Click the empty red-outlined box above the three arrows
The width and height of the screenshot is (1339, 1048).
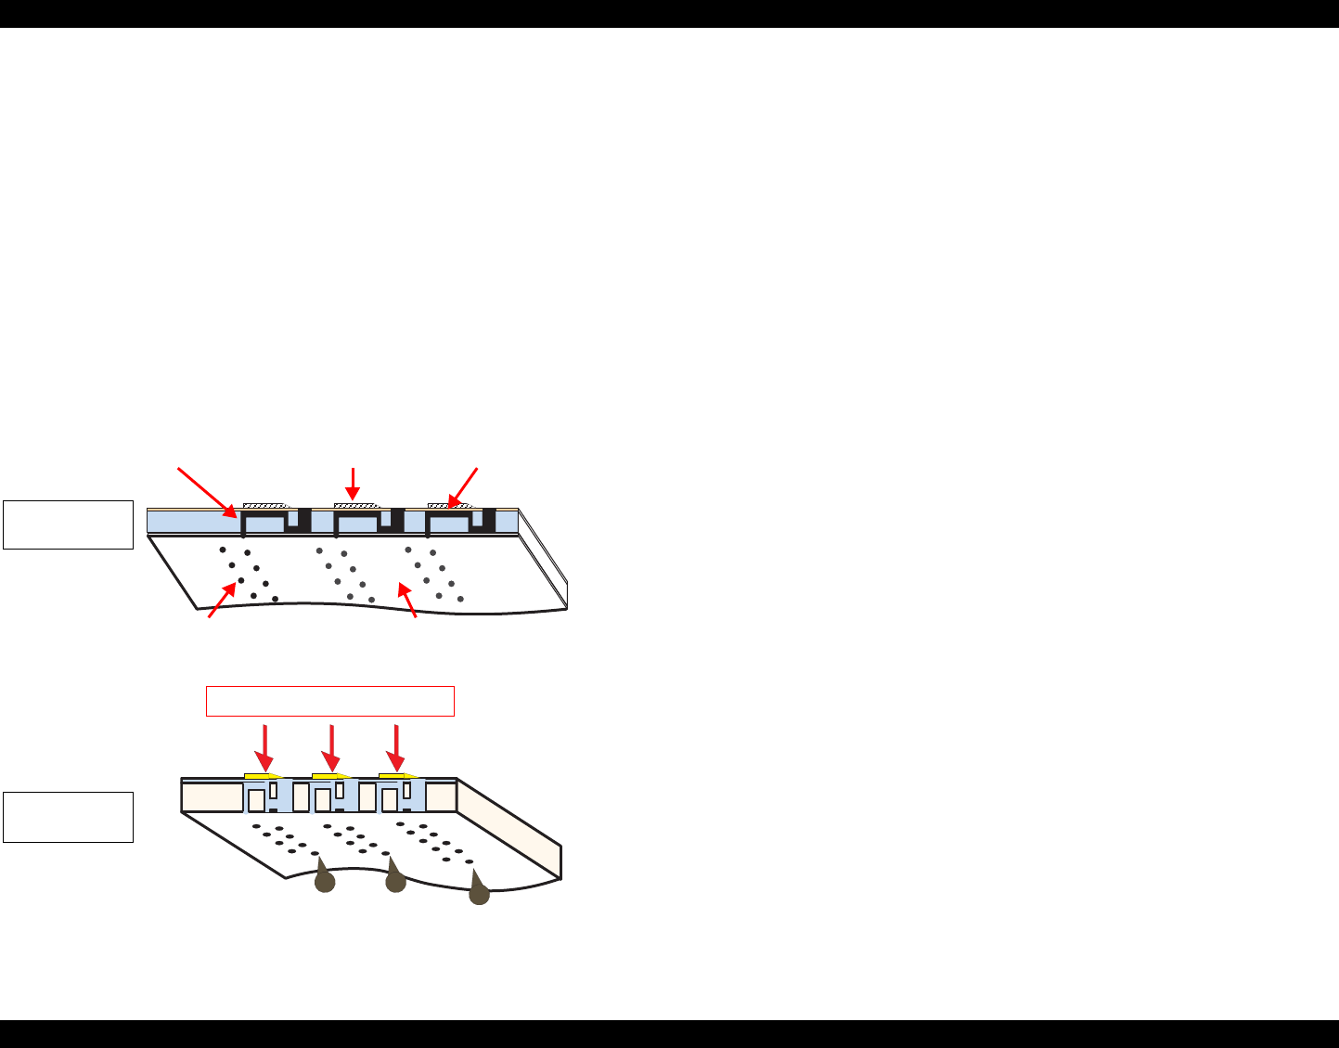click(329, 701)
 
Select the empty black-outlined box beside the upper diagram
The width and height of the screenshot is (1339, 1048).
click(68, 524)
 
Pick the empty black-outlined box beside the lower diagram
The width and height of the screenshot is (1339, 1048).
click(68, 817)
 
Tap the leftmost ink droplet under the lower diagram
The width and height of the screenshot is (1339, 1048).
click(324, 879)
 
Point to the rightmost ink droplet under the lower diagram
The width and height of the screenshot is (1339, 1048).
click(478, 891)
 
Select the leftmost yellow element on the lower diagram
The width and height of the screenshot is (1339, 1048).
click(261, 775)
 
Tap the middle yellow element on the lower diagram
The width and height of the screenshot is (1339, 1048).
click(328, 775)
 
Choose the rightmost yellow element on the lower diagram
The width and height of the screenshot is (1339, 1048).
click(395, 775)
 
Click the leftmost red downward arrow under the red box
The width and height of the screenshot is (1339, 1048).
click(265, 746)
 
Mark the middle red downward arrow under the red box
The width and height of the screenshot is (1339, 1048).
click(331, 746)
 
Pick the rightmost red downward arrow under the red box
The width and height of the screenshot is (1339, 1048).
click(396, 746)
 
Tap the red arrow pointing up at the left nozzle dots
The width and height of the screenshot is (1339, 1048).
click(223, 600)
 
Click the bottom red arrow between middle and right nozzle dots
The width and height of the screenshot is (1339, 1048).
click(407, 601)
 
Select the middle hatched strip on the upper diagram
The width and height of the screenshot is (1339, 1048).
click(355, 506)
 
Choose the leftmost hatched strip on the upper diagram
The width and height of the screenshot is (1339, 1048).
click(267, 506)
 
